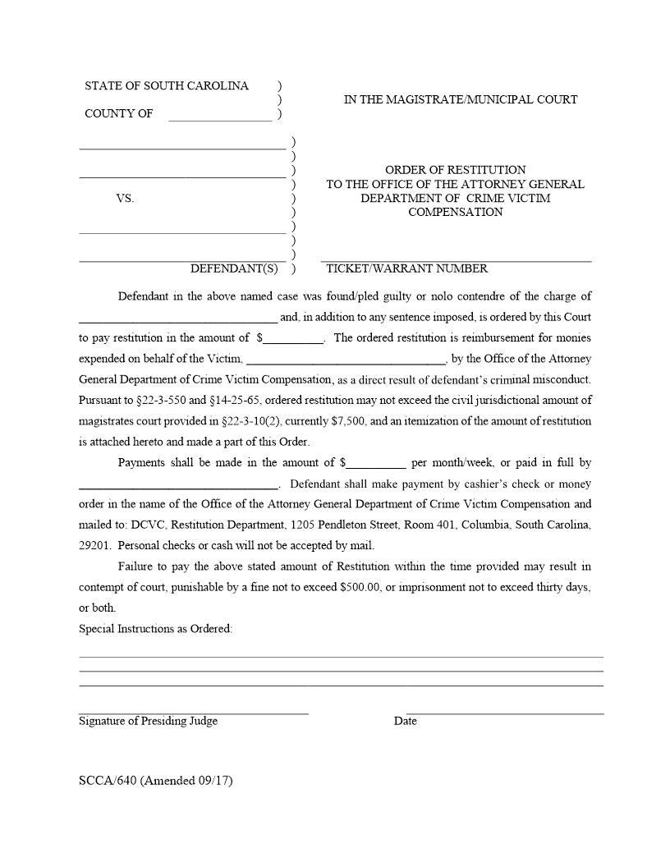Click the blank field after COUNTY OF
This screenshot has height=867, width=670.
219,116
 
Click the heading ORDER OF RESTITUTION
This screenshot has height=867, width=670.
455,170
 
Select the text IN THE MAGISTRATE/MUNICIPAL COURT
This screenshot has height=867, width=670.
460,99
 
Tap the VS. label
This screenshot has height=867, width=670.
125,199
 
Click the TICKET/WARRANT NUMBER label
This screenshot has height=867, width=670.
406,268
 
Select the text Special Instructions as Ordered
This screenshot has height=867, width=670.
155,629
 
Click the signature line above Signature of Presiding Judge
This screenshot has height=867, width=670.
194,711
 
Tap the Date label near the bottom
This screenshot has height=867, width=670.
405,721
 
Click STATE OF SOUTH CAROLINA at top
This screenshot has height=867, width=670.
167,86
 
